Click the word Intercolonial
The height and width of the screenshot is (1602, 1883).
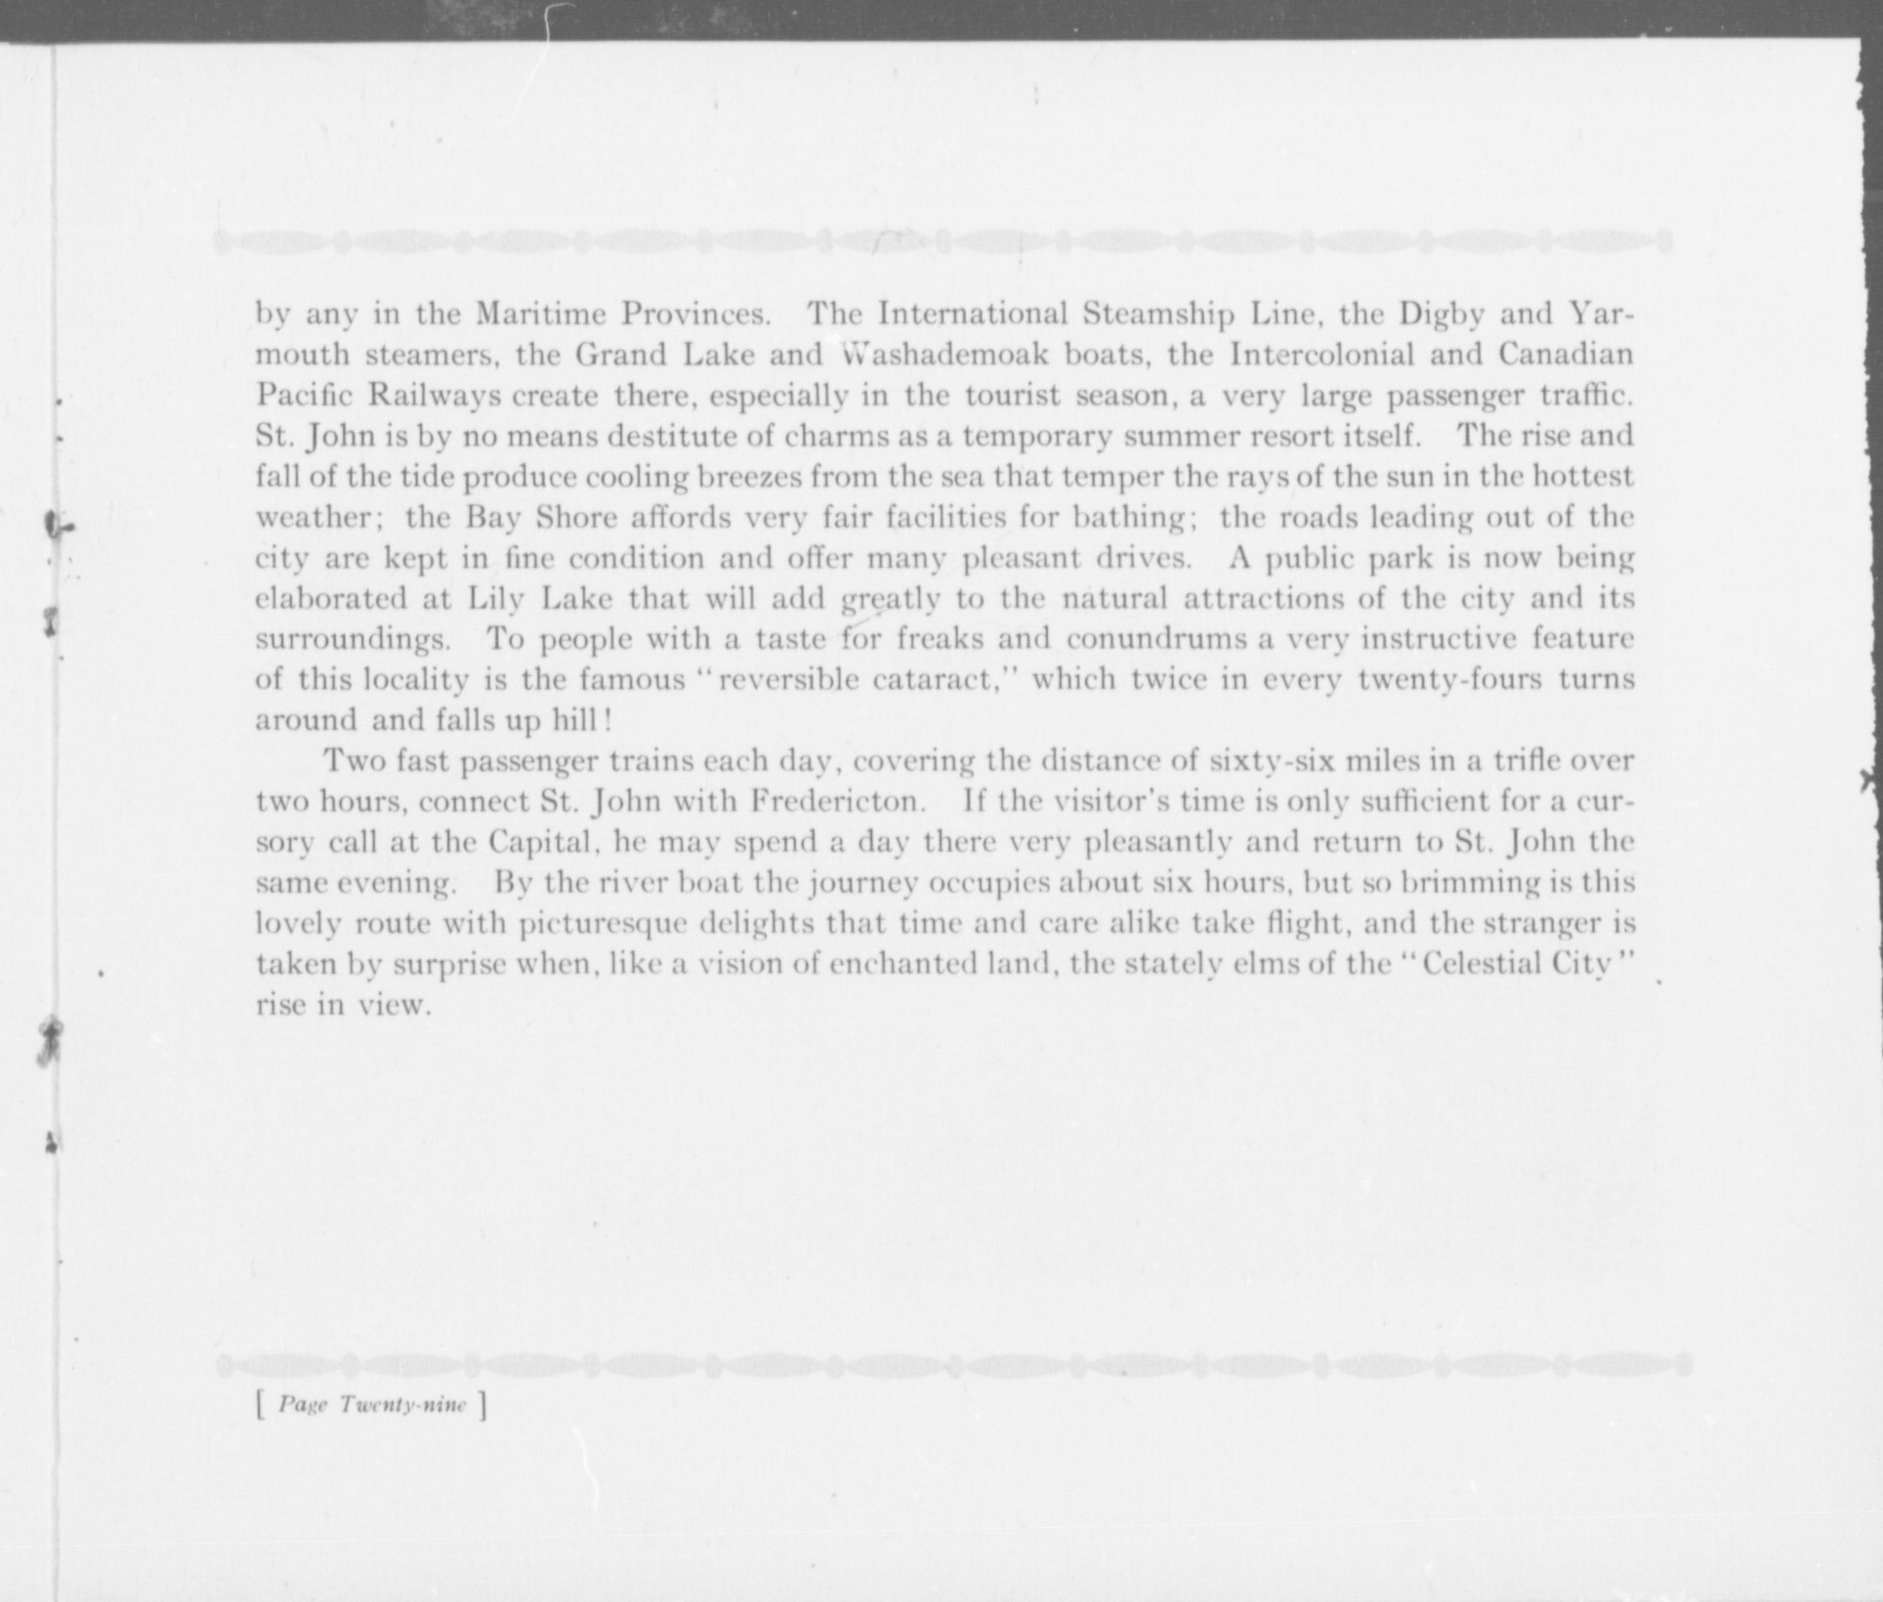pyautogui.click(x=1320, y=355)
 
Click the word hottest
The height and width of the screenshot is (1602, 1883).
pyautogui.click(x=1582, y=477)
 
